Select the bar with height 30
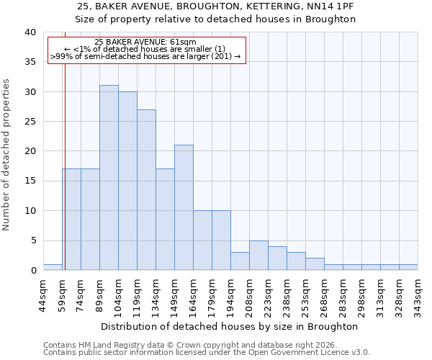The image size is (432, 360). coord(127,181)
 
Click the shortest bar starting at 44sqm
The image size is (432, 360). coord(53,267)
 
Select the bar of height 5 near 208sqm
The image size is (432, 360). coord(258,255)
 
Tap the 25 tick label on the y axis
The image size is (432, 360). coord(30,122)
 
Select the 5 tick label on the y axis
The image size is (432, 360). coord(33,240)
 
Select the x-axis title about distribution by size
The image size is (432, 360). coord(230,326)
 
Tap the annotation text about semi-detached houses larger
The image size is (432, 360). coord(145,56)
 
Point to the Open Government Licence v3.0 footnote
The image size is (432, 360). coord(206,352)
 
